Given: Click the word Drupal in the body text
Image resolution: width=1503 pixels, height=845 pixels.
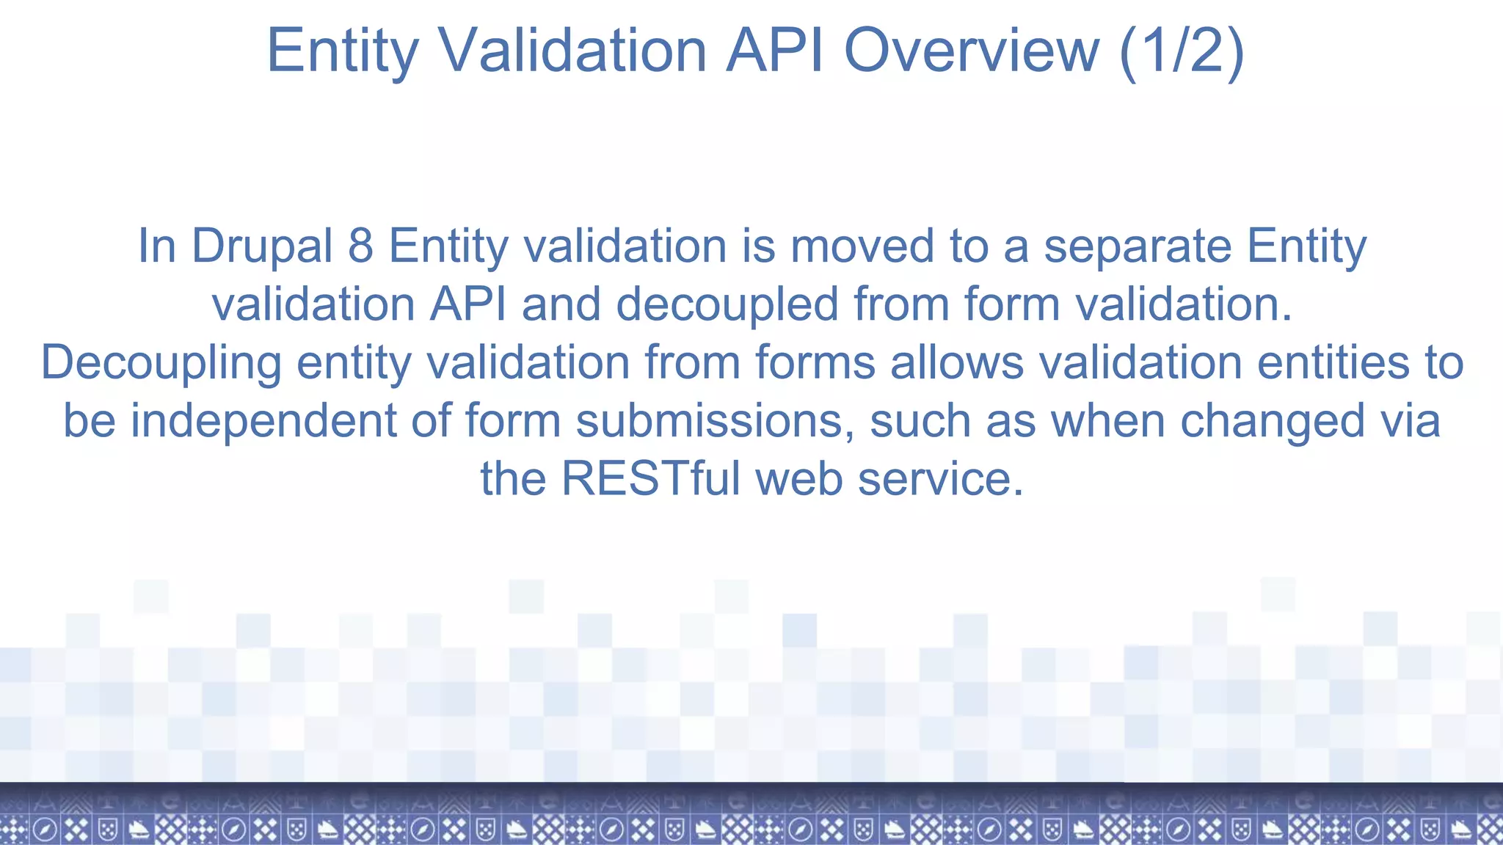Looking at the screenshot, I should click(x=262, y=246).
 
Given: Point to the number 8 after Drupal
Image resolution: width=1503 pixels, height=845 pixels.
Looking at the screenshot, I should click(x=360, y=246).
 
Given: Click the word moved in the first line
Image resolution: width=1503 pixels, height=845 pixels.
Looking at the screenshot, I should click(x=862, y=246).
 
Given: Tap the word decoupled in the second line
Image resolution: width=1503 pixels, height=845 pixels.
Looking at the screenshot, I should click(x=727, y=304).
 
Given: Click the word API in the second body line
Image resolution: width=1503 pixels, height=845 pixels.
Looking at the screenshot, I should click(x=467, y=304).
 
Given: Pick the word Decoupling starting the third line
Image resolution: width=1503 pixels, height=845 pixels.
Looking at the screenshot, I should click(x=161, y=363).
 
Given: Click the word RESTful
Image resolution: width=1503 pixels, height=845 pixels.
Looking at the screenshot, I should click(x=650, y=479).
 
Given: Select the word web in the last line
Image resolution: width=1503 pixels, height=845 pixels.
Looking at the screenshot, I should click(x=798, y=479).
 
